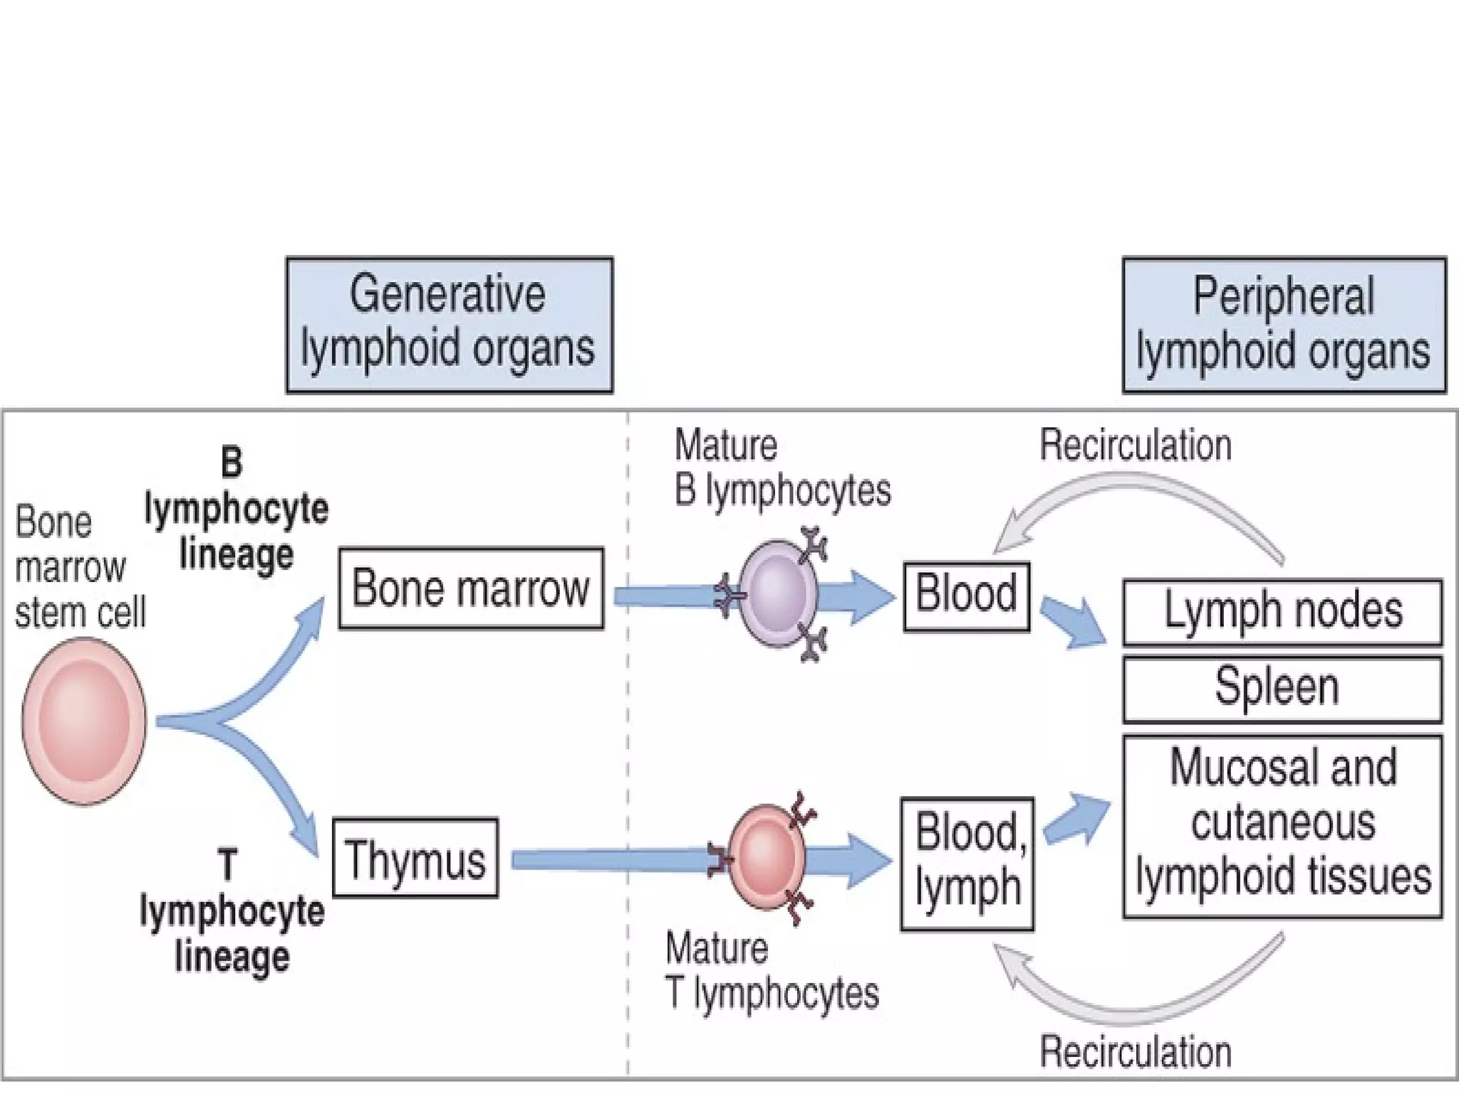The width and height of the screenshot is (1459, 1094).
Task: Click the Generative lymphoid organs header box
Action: [x=449, y=325]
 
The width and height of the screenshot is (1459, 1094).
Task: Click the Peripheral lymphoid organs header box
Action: [x=1284, y=325]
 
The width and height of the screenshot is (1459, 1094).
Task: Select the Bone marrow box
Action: [x=471, y=588]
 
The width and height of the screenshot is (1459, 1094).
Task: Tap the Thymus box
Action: [x=415, y=858]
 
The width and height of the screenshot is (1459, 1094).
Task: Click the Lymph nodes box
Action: [x=1282, y=612]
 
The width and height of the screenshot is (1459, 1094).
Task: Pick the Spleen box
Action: [x=1282, y=689]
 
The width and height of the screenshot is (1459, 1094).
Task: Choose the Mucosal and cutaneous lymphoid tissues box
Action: [x=1282, y=826]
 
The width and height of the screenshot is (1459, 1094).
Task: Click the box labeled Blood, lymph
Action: [x=967, y=864]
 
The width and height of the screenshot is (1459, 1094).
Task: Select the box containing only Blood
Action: [x=966, y=597]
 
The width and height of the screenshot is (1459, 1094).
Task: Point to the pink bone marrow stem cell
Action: [x=84, y=721]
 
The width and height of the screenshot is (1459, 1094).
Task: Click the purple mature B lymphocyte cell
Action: [x=777, y=593]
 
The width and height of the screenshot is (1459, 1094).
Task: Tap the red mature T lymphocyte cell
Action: [x=767, y=858]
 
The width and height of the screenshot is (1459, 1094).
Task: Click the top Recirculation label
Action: [x=1136, y=446]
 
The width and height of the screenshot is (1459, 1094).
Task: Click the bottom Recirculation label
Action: [x=1136, y=1052]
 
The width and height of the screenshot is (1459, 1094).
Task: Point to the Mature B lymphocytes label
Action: [x=782, y=468]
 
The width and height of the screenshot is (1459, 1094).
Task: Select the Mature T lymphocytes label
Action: [x=772, y=971]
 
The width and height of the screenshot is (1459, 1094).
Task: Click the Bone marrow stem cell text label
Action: [x=78, y=567]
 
